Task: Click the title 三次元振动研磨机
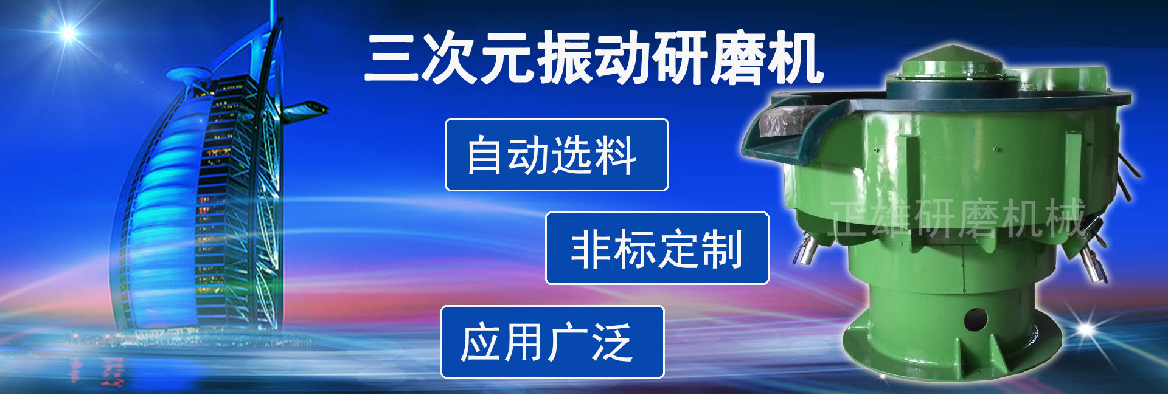[594, 58]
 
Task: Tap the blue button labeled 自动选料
[557, 155]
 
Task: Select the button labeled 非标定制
[657, 249]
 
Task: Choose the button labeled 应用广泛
[552, 342]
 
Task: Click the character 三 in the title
[392, 58]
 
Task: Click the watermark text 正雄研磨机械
[958, 218]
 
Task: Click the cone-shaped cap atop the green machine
[952, 58]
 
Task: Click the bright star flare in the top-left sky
[68, 32]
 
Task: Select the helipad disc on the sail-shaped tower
[189, 75]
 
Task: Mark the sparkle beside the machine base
[1086, 329]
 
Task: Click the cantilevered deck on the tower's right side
[304, 110]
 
